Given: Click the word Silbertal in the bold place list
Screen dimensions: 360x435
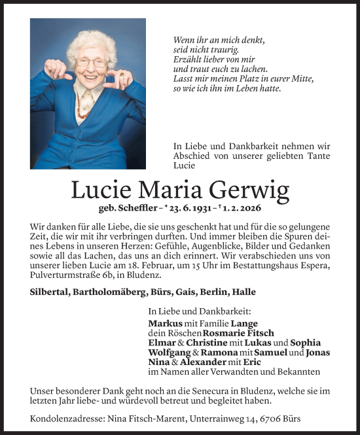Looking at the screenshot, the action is pos(52,292).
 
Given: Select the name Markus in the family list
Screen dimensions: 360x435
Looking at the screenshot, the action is pos(165,322).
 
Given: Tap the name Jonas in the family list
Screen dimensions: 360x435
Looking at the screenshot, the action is pos(317,352).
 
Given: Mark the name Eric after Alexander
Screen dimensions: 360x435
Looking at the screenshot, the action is pos(253,362).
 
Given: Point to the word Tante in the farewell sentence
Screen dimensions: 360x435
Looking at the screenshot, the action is pos(316,156).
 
